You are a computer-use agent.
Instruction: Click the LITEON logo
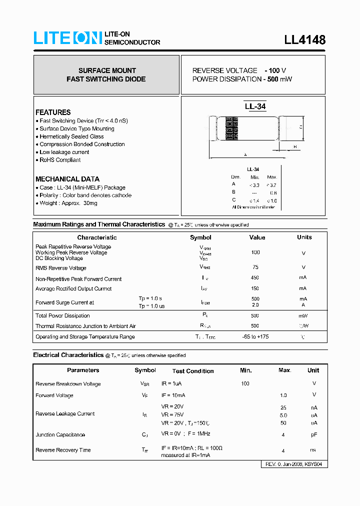67,38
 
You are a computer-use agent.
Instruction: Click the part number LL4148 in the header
304,40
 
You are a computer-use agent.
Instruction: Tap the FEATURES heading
53,112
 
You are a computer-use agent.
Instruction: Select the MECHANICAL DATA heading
67,179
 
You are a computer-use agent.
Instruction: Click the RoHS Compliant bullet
59,160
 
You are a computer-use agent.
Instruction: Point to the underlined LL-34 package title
255,106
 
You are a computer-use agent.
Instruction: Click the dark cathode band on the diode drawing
231,128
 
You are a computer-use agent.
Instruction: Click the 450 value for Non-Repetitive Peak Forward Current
255,278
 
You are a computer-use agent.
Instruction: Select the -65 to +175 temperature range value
255,336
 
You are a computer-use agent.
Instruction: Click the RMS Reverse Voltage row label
60,268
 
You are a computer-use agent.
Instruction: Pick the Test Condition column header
192,371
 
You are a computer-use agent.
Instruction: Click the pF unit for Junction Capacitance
313,434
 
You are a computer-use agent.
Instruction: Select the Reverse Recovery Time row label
63,450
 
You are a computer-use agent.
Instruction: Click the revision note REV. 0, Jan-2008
294,464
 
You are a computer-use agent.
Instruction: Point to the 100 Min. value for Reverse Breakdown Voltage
245,383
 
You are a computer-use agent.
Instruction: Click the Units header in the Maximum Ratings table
304,237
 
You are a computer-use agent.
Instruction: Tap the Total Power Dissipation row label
62,315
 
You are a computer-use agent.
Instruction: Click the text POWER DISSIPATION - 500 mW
242,79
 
